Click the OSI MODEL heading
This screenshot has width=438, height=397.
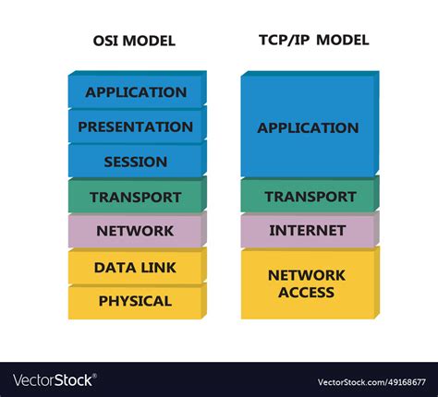134,42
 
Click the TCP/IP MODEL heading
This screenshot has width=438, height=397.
310,41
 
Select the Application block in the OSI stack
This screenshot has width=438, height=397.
136,92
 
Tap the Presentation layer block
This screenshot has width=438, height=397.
136,126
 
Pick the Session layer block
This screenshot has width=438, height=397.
136,162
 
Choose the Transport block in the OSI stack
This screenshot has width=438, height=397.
136,197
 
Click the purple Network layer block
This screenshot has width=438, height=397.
135,231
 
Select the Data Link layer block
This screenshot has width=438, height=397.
136,268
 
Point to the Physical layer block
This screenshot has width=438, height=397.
136,301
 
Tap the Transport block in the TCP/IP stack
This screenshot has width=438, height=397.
310,197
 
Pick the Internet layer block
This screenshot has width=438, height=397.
308,230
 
